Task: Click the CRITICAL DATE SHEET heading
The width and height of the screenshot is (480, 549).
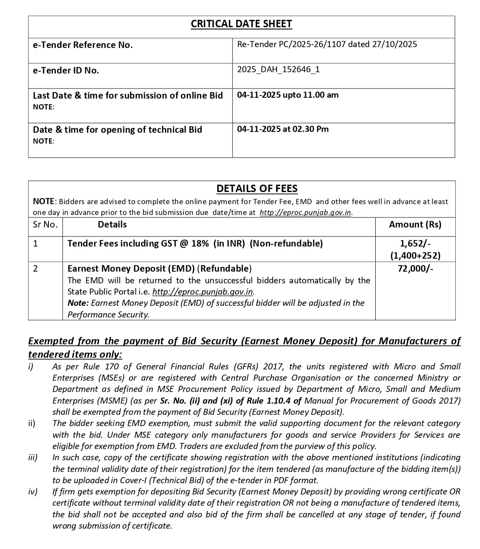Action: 242,24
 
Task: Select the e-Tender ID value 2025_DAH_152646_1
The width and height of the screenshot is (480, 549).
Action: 278,69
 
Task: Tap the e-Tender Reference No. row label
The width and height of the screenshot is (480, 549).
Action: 83,45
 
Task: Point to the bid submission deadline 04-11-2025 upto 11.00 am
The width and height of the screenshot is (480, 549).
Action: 288,95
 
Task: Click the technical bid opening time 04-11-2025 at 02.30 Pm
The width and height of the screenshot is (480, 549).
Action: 283,129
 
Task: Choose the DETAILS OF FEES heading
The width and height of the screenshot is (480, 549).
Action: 257,189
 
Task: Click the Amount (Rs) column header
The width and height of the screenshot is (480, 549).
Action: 415,224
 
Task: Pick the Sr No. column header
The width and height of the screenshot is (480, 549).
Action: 45,224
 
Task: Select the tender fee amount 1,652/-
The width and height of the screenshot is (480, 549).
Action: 415,243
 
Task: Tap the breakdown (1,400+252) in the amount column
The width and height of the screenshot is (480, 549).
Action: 415,255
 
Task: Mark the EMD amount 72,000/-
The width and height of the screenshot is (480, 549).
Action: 415,269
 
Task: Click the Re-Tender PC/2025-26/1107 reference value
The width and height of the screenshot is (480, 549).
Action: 327,44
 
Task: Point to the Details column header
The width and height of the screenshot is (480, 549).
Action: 112,224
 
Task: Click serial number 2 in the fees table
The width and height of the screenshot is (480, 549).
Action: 35,269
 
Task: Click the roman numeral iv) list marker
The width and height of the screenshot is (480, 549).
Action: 33,491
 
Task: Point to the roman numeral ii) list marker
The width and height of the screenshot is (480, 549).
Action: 32,423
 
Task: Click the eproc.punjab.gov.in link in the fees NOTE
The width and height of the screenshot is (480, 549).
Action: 305,212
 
